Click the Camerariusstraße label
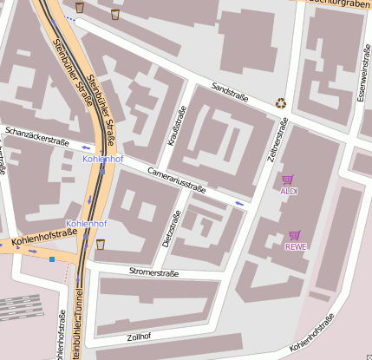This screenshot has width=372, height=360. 177,180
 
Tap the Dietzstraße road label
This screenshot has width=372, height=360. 167,229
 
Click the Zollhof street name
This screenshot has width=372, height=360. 140,337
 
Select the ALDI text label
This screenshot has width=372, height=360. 289,191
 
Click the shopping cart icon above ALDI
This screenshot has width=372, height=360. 287,180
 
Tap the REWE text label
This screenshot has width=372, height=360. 296,246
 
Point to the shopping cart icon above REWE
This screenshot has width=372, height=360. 294,235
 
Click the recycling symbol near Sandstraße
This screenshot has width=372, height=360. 281,102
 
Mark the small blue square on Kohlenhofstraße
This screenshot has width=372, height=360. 52,259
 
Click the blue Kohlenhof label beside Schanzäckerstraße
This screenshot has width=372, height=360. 102,160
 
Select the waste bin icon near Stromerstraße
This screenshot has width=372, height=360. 101,244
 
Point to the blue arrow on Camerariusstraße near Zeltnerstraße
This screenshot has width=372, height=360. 239,203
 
